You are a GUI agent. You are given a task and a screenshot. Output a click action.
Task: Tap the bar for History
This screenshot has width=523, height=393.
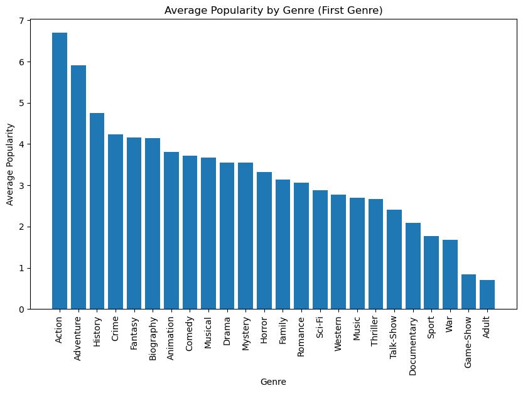pyautogui.click(x=97, y=211)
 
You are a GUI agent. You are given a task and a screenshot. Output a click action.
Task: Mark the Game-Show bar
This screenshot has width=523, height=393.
pyautogui.click(x=468, y=292)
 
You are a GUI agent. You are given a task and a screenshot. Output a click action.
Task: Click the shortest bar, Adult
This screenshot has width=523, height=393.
pyautogui.click(x=487, y=294)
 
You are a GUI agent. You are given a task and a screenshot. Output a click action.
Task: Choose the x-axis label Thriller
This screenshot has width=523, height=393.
pyautogui.click(x=375, y=331)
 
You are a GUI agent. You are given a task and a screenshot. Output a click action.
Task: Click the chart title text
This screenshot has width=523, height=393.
pyautogui.click(x=273, y=10)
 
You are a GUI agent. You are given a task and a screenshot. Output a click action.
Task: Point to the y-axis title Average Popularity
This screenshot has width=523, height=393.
pyautogui.click(x=10, y=164)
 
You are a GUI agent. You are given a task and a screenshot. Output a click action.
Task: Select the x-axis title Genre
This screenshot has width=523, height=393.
pyautogui.click(x=273, y=381)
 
